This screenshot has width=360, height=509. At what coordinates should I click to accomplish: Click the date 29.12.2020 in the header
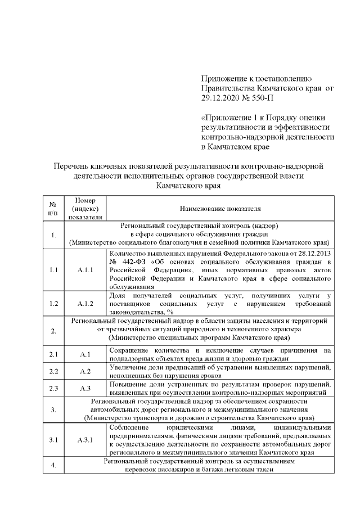(x=221, y=98)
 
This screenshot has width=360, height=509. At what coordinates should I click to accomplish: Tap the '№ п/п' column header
(x=52, y=208)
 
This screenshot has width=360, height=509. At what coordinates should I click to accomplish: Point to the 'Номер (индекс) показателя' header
(x=84, y=208)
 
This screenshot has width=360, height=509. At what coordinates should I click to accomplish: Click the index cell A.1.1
(x=84, y=270)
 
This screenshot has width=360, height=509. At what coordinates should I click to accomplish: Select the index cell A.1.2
(x=84, y=304)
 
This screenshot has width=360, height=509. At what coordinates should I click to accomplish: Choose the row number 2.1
(x=53, y=354)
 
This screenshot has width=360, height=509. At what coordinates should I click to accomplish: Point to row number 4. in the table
(x=53, y=466)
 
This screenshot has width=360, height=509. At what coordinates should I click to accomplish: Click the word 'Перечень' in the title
(x=71, y=166)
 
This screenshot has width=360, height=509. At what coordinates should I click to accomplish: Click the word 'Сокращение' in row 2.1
(x=130, y=350)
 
